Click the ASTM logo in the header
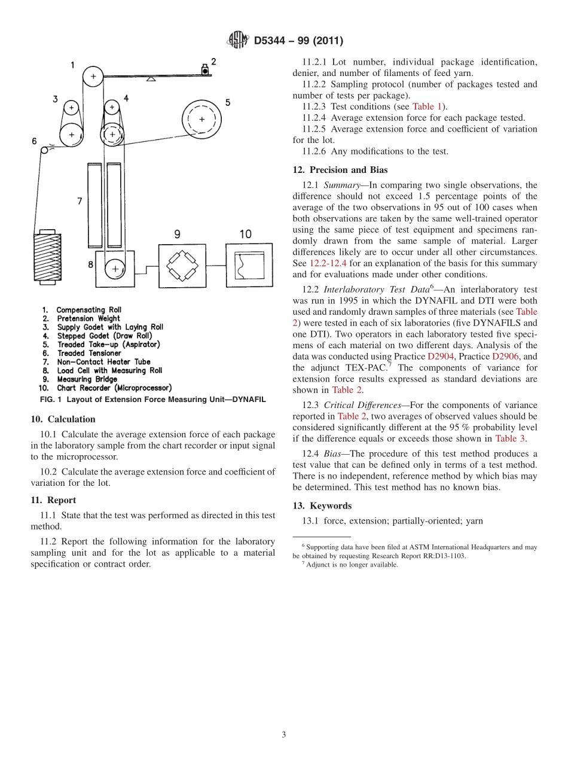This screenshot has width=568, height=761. (239, 41)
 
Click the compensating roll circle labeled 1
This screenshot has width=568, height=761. (93, 76)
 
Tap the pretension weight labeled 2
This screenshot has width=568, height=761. (205, 70)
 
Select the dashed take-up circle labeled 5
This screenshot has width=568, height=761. (201, 120)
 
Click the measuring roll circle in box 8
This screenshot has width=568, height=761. (112, 269)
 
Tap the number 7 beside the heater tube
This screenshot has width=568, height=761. (79, 202)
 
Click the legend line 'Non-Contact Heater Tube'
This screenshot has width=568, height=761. (103, 362)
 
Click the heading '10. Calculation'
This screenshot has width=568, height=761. (63, 419)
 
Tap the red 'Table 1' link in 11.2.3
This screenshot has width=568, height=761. (427, 106)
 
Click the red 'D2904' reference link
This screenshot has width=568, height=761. (441, 357)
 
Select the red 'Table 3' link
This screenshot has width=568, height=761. (509, 439)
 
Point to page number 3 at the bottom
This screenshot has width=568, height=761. (284, 735)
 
